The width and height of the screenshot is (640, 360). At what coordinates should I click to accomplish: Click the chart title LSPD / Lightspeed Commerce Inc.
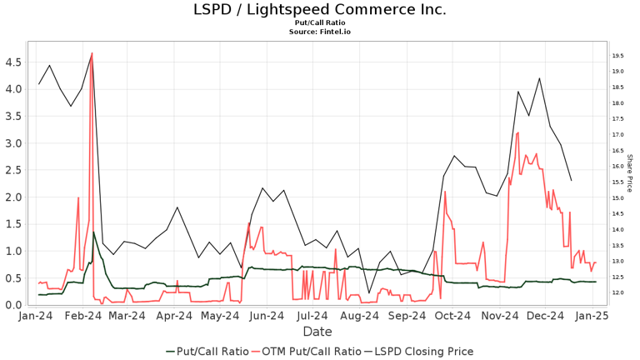pyautogui.click(x=320, y=10)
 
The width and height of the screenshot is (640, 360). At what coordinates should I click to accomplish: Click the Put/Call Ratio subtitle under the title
pyautogui.click(x=320, y=23)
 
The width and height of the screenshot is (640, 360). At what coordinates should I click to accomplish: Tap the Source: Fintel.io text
pyautogui.click(x=320, y=32)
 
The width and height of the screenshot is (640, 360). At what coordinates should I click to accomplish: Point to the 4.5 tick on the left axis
pyautogui.click(x=12, y=62)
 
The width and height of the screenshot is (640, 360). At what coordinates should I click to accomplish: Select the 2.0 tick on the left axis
pyautogui.click(x=12, y=197)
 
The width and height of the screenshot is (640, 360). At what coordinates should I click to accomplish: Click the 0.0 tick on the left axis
pyautogui.click(x=12, y=306)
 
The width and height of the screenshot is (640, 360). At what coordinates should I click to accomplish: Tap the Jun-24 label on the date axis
pyautogui.click(x=268, y=317)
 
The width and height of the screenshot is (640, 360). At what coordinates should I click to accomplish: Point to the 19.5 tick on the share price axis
pyautogui.click(x=618, y=56)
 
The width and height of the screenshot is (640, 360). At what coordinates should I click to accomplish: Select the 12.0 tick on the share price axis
pyautogui.click(x=618, y=293)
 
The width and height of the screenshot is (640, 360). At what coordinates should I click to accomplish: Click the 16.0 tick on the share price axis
pyautogui.click(x=618, y=167)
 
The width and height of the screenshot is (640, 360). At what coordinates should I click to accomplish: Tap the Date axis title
pyautogui.click(x=317, y=332)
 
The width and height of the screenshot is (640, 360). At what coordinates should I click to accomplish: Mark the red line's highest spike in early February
pyautogui.click(x=92, y=53)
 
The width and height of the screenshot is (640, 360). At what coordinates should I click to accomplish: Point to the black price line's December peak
pyautogui.click(x=540, y=78)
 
